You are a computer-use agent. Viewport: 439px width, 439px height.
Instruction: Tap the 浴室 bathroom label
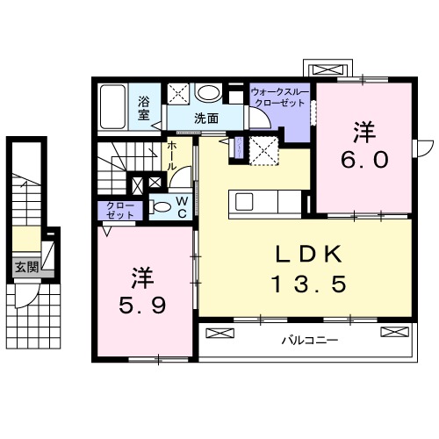click(145, 107)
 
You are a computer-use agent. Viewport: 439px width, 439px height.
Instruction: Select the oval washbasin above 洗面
click(208, 94)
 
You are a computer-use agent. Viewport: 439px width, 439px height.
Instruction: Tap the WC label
click(181, 207)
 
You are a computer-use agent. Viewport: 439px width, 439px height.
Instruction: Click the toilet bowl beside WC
click(161, 208)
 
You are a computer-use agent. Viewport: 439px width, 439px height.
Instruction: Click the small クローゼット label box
click(121, 211)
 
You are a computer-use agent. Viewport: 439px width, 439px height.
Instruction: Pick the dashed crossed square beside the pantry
click(264, 150)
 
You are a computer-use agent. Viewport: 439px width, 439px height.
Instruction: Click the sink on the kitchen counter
click(246, 201)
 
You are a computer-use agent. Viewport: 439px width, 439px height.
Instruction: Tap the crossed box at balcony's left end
click(220, 333)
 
